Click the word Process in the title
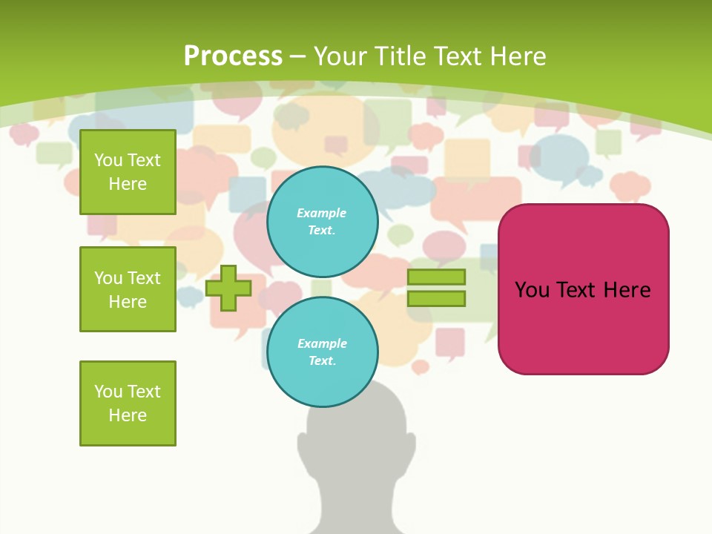(233, 56)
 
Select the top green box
(128, 172)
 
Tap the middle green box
(128, 289)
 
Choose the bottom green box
(128, 403)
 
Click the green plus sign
(228, 287)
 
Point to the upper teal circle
(322, 222)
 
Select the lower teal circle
(322, 352)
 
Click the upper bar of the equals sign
(436, 277)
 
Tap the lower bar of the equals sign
(436, 298)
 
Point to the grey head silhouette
(352, 460)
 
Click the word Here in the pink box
(627, 290)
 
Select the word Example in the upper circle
(322, 213)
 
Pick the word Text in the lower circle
(322, 361)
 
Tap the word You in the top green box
(108, 160)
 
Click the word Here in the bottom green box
(128, 415)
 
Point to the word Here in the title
(515, 56)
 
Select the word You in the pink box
(532, 290)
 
